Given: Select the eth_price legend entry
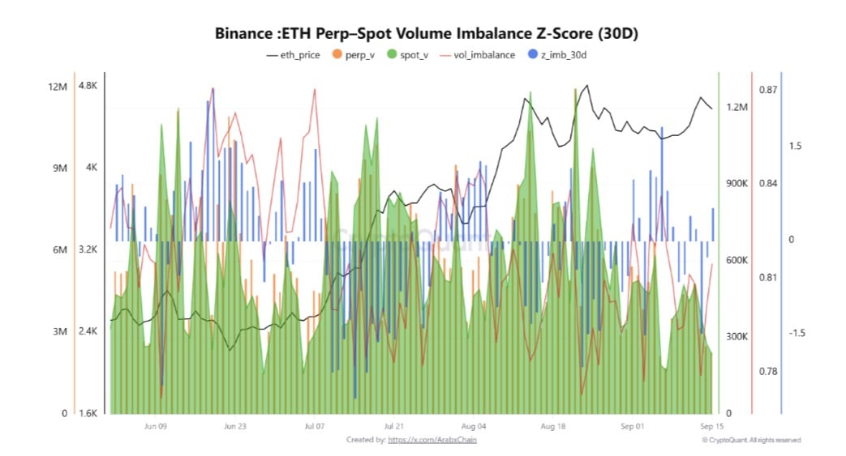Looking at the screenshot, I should [295, 55].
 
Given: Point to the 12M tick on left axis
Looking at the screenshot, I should [57, 87].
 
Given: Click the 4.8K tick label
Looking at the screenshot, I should [88, 87].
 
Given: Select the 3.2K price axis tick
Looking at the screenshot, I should [88, 249].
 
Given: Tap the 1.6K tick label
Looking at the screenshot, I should [88, 413].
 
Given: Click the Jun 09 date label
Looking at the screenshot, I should [155, 425].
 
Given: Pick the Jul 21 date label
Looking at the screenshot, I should [393, 425].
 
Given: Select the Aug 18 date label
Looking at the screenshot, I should [552, 425].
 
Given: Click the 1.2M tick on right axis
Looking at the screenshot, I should [736, 107].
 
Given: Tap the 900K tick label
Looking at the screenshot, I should [736, 184].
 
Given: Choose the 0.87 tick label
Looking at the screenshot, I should [767, 89].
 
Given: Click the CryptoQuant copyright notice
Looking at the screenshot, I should [751, 440].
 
